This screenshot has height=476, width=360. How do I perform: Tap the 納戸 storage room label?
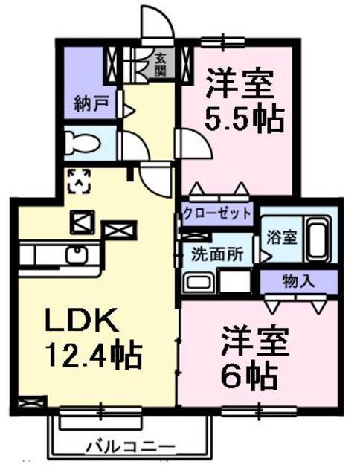[x=89, y=104]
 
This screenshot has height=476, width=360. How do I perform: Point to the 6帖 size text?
[x=250, y=373]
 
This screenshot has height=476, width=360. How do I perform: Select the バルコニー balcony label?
[x=130, y=447]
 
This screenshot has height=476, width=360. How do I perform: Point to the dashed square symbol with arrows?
[x=79, y=181]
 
